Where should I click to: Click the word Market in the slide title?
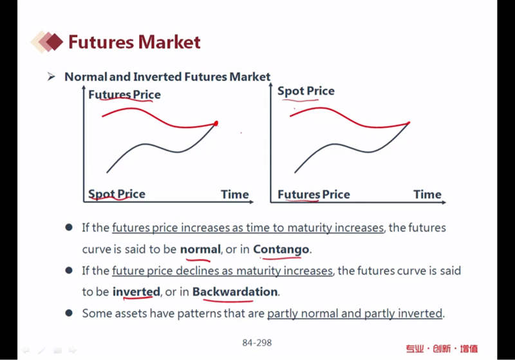(169, 42)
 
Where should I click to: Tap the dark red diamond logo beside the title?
(55, 42)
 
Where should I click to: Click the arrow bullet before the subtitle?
(51, 77)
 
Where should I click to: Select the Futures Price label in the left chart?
(124, 95)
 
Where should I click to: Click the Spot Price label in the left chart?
(117, 194)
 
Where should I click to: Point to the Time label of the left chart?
(235, 194)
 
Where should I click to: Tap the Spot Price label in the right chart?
(306, 91)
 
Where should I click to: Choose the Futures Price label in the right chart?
(314, 194)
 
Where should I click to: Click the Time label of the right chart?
(427, 194)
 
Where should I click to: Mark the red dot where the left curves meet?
(216, 124)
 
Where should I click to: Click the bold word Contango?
(281, 249)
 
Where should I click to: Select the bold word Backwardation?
(235, 292)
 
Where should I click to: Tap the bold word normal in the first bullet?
(200, 249)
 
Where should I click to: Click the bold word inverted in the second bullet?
(136, 292)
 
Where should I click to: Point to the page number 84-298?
(257, 343)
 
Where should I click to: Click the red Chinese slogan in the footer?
(442, 348)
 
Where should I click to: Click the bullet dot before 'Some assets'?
(69, 313)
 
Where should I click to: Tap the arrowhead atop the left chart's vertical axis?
(84, 88)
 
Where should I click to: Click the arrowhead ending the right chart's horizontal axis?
(444, 202)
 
